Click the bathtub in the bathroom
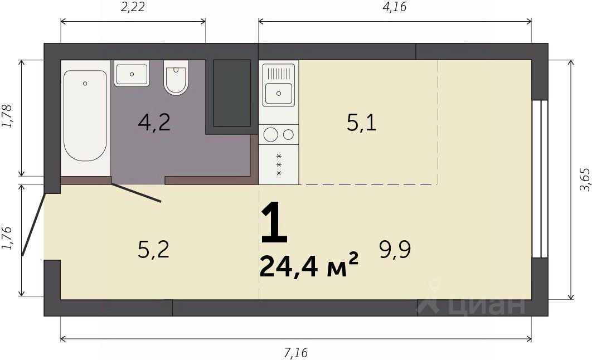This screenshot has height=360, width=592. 85,115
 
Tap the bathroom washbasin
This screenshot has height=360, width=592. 132,74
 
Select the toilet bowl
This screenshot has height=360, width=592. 176,77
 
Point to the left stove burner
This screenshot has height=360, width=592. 271,135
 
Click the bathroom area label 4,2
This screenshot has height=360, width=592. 154,123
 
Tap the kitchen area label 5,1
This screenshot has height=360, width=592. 362,123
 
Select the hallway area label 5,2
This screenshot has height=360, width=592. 153,250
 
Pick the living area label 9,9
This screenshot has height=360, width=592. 395,250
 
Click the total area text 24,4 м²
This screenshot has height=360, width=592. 309,266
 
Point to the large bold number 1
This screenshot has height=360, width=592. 274,222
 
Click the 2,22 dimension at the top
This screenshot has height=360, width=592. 133,7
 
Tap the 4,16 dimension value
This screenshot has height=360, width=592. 395,7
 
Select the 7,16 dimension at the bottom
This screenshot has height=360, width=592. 296,353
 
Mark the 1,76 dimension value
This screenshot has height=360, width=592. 8,238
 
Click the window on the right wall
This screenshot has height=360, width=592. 540,179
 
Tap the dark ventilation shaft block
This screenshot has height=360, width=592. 232,93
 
